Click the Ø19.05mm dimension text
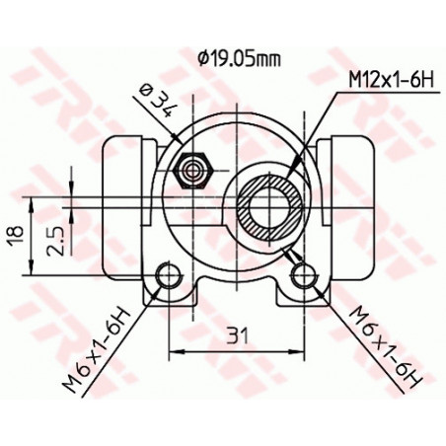pos(238,58)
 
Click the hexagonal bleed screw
pos(191,173)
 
